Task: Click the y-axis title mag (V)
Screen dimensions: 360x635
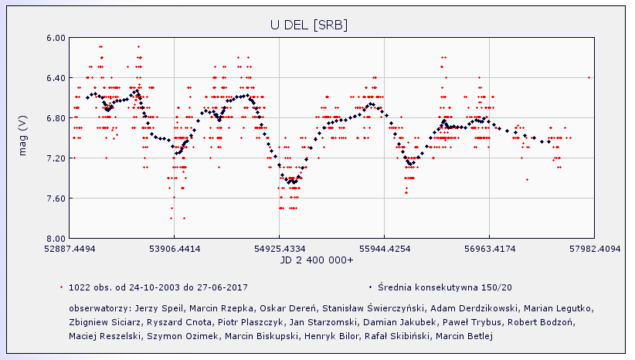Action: [x=22, y=138]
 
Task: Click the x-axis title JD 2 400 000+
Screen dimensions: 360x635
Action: [x=317, y=260]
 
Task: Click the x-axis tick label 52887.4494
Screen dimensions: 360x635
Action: [x=70, y=250]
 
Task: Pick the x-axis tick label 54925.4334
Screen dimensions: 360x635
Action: [x=280, y=250]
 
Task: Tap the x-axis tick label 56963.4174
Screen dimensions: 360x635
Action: [x=490, y=250]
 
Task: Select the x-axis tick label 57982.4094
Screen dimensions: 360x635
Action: [x=594, y=250]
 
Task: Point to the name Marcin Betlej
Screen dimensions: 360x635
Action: [x=464, y=336]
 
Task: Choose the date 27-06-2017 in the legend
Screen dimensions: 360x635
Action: [x=222, y=287]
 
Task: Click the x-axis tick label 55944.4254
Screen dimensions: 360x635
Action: [x=385, y=250]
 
